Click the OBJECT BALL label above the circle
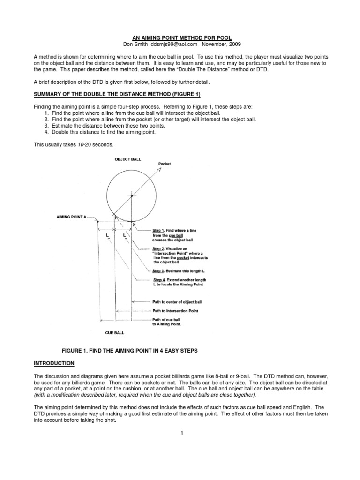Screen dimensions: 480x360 [128, 159]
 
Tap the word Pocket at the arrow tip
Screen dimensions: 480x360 [165, 164]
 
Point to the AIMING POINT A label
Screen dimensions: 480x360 [71, 217]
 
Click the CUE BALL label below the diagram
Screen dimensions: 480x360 [115, 332]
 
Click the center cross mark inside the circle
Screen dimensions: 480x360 [132, 195]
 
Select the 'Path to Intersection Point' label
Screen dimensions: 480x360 [175, 311]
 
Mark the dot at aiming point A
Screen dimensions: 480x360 [97, 221]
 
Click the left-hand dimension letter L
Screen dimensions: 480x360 [107, 233]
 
